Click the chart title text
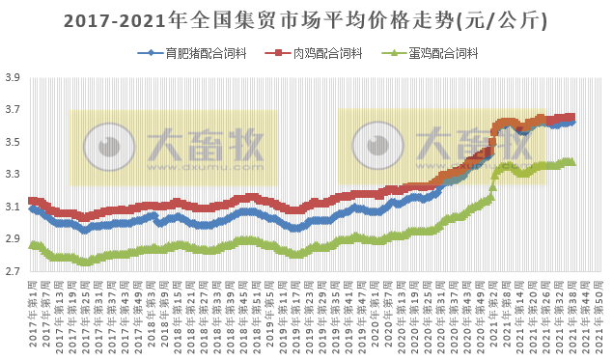(x=306, y=20)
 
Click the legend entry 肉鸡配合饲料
(x=321, y=54)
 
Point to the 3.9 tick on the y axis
(x=13, y=78)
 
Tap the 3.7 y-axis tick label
(x=13, y=110)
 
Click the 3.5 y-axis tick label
(x=13, y=143)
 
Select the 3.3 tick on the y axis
(x=13, y=175)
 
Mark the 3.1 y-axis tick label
(x=13, y=208)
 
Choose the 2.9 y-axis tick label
(x=13, y=239)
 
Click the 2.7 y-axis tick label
(x=13, y=272)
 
